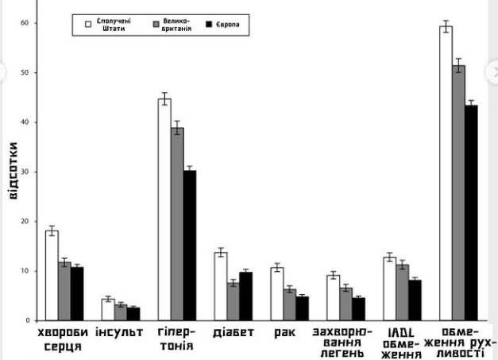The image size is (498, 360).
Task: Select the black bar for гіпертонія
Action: pyautogui.click(x=190, y=246)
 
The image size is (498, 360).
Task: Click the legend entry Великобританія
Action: pyautogui.click(x=171, y=25)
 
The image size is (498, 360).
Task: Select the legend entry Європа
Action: pyautogui.click(x=226, y=25)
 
